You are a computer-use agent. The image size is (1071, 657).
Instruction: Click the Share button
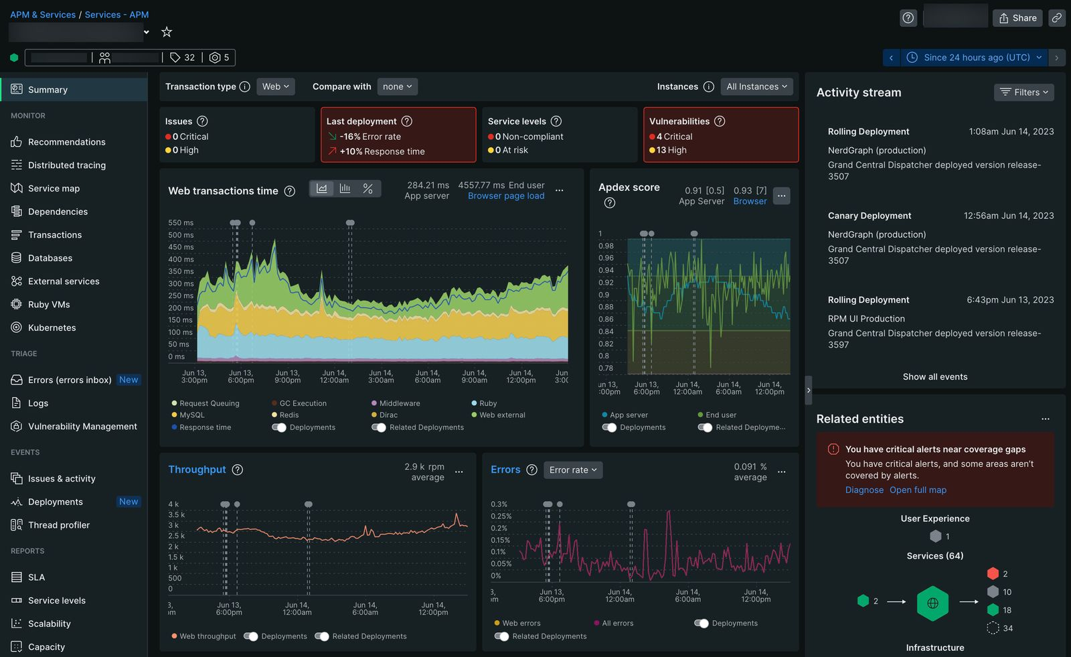[x=1017, y=18]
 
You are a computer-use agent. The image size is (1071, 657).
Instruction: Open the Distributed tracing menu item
[x=66, y=165]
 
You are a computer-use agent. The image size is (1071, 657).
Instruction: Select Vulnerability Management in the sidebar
[x=82, y=426]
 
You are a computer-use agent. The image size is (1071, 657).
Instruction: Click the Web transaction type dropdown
[x=275, y=86]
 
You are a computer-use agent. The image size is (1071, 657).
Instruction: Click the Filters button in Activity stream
[x=1024, y=92]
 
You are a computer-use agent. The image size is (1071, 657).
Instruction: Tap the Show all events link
[x=934, y=376]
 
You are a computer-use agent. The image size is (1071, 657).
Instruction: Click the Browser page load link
[x=506, y=196]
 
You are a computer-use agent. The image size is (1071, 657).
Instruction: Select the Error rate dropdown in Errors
[x=573, y=470]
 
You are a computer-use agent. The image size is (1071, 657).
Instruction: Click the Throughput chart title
[x=197, y=469]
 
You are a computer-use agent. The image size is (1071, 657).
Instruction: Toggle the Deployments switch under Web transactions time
[x=279, y=427]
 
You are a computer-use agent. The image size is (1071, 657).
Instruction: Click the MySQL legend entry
[x=191, y=415]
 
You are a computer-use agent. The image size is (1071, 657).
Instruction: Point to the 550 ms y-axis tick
[x=181, y=222]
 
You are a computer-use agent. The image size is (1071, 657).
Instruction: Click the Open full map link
[x=918, y=490]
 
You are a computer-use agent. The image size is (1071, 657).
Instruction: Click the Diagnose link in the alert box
[x=864, y=490]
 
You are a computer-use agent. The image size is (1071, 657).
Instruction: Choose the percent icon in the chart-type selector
[x=367, y=189]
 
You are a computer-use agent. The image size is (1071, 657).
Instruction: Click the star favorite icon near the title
[x=167, y=31]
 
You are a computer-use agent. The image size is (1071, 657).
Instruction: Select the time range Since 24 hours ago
[x=975, y=58]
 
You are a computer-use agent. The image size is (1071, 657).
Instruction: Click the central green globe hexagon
[x=932, y=603]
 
